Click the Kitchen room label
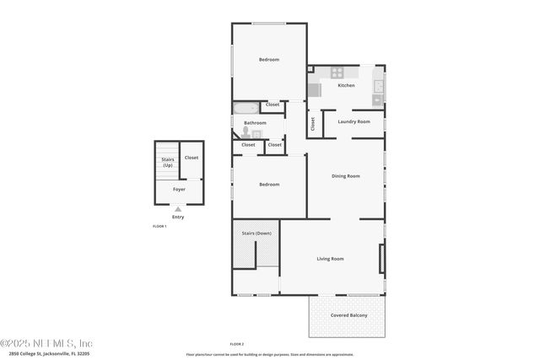click(346, 85)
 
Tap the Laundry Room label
click(354, 121)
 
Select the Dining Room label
click(345, 175)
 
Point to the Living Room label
click(330, 258)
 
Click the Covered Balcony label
click(348, 314)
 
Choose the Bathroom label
click(255, 123)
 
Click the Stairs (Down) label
click(256, 233)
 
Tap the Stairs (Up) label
click(167, 163)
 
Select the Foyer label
click(179, 189)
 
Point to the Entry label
click(178, 218)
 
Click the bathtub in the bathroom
click(246, 108)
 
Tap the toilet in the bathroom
click(246, 132)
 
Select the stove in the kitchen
click(337, 73)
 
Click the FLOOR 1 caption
click(159, 227)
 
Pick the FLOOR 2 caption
click(236, 344)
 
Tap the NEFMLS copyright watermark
click(46, 343)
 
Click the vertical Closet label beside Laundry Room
click(312, 124)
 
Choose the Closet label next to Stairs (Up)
click(192, 158)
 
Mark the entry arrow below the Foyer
click(178, 209)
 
